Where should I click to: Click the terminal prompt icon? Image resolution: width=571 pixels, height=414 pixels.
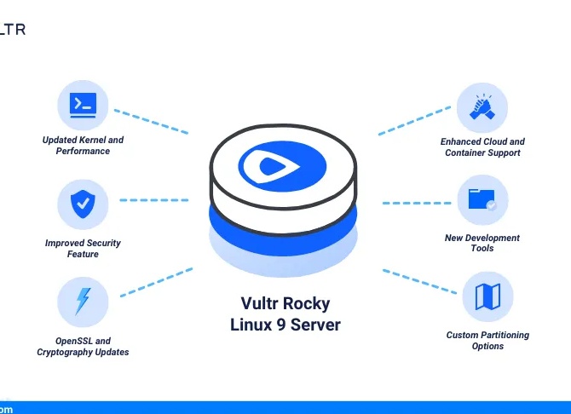coord(83,106)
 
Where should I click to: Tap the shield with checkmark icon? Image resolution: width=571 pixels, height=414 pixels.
coord(83,204)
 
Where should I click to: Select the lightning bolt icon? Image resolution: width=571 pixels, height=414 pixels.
coord(83,302)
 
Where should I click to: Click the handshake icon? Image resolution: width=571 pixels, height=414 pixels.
coord(482,107)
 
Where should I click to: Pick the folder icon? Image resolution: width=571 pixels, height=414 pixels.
coord(482,199)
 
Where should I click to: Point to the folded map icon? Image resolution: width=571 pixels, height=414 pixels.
coord(488,296)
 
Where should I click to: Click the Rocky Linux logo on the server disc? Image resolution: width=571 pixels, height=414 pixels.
coord(282,166)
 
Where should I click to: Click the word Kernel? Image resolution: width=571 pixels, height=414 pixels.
coord(93,140)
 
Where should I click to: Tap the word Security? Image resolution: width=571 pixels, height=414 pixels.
coord(103,243)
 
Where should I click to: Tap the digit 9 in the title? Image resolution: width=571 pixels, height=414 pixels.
coord(280,325)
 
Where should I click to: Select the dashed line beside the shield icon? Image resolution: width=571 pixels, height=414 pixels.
coord(154,200)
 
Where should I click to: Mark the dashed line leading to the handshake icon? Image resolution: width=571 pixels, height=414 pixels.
coord(414,120)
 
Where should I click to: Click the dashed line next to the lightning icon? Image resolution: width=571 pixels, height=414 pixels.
coord(156,283)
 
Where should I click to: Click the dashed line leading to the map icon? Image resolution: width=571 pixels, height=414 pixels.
coord(419,281)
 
